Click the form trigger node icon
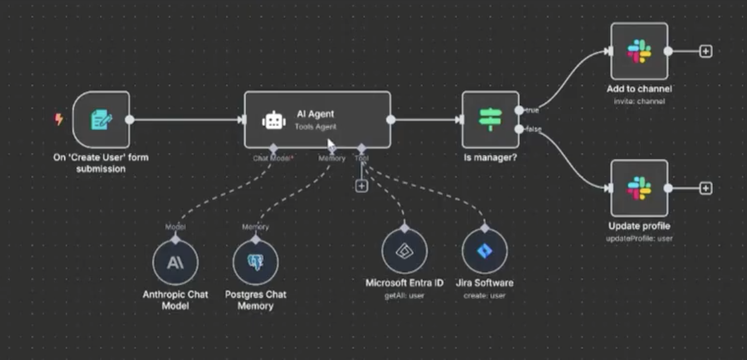coord(101,120)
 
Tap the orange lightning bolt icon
coord(59,119)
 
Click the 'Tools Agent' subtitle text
coord(315,127)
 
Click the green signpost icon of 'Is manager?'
coord(490,119)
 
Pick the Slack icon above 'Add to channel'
coord(639,51)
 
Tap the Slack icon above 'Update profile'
coord(639,188)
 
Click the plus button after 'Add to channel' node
coord(706,51)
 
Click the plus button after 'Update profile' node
coord(706,188)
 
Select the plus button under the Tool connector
coord(362,186)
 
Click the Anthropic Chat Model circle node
coord(175,262)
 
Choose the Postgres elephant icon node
coord(255,262)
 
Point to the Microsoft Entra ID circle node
coord(404,251)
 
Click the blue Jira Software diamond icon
coord(484,251)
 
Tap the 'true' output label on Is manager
coord(532,111)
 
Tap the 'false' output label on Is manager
coord(534,129)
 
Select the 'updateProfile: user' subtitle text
coord(639,239)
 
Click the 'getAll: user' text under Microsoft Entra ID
coord(404,296)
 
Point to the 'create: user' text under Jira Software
coord(484,296)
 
